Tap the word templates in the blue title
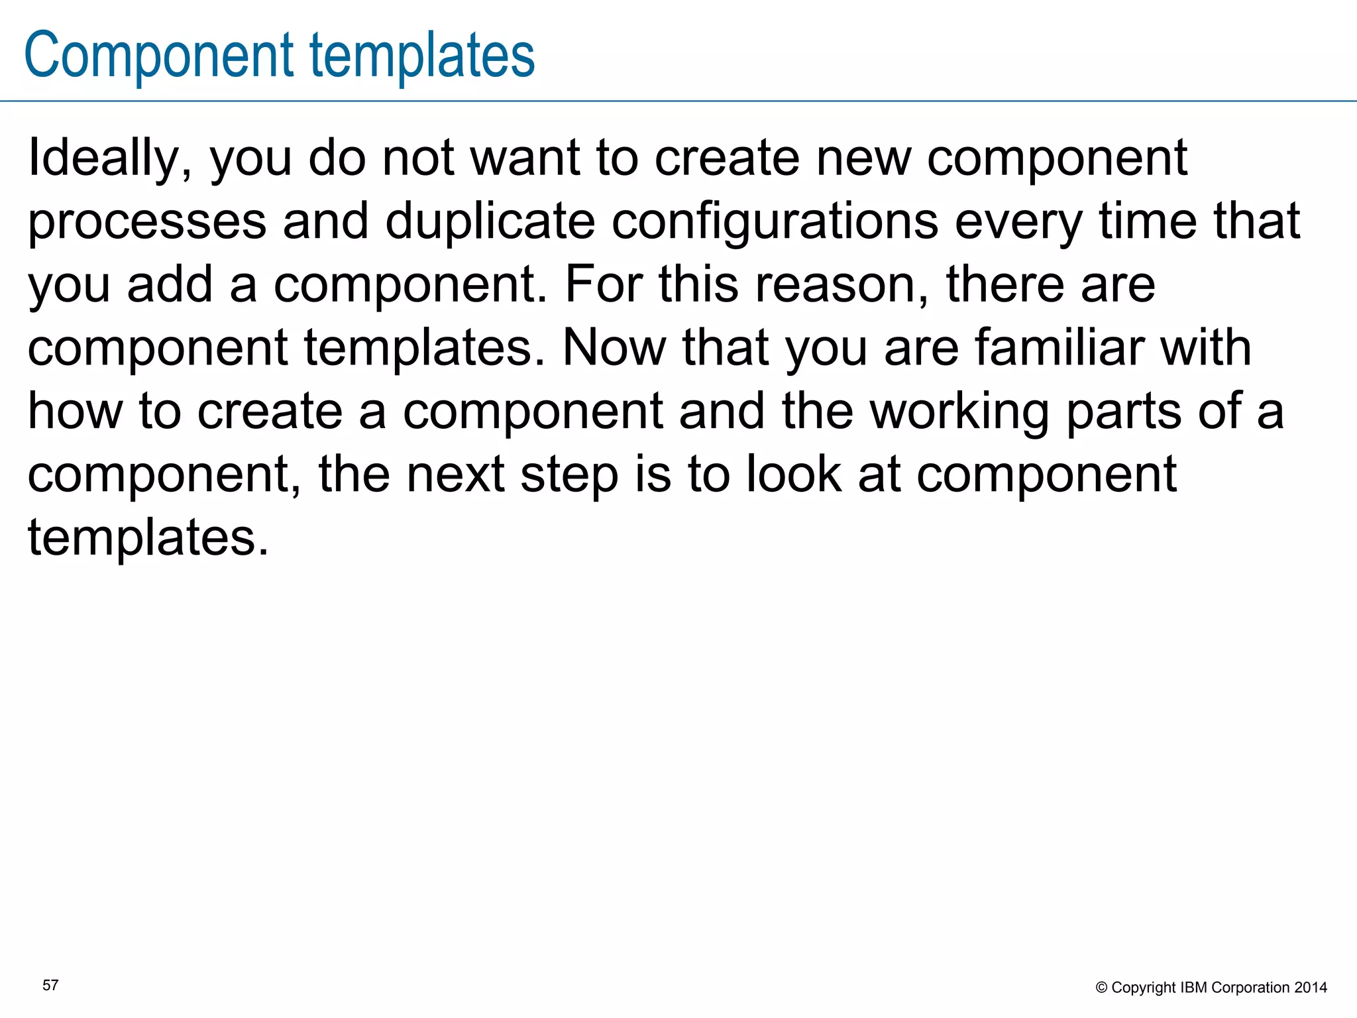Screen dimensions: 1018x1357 422,56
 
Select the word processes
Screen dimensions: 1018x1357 147,223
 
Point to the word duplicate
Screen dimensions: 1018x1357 490,221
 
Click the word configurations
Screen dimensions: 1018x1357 775,223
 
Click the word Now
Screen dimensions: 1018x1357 614,348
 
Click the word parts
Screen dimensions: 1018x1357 1124,412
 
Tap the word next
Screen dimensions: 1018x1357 456,475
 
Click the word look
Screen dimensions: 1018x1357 794,475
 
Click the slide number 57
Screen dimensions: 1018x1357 50,986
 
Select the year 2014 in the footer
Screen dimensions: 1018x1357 1311,988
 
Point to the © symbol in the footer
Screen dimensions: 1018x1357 1102,988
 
